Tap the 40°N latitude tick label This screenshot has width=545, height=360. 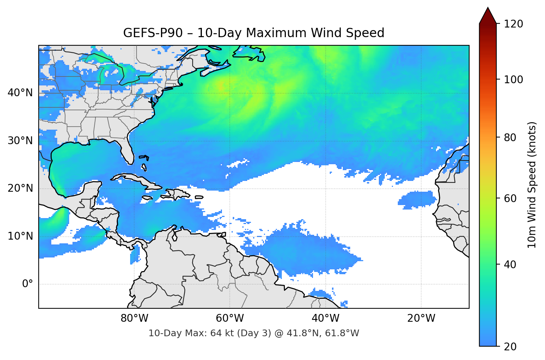tap(20, 93)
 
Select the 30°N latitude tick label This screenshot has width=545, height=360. tap(20, 141)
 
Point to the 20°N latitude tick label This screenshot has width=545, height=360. tap(20, 188)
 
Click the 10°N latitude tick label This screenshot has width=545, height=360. tap(20, 236)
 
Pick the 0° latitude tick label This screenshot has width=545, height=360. tap(28, 284)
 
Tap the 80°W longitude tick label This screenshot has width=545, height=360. tap(134, 318)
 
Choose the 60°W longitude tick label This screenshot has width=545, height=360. tap(230, 318)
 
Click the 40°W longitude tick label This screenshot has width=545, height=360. tap(325, 318)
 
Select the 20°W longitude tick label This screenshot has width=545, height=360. tap(421, 318)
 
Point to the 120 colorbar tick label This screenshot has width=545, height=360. tap(513, 24)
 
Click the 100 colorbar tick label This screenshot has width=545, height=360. tap(513, 80)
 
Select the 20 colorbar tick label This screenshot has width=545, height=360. tap(511, 347)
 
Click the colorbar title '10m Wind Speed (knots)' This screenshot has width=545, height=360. tap(532, 185)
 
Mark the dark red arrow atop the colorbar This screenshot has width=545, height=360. tap(488, 16)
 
